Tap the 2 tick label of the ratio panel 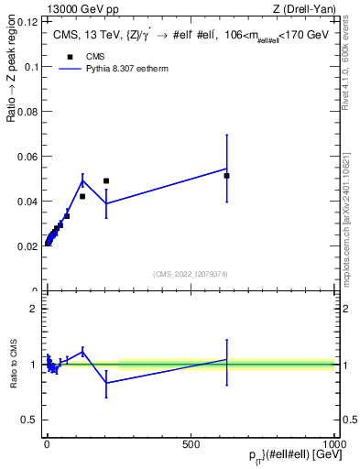(x=34, y=309)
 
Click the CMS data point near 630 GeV (x=226, y=175)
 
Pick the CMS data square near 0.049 (x=106, y=181)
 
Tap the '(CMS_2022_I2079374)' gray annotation (x=190, y=273)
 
